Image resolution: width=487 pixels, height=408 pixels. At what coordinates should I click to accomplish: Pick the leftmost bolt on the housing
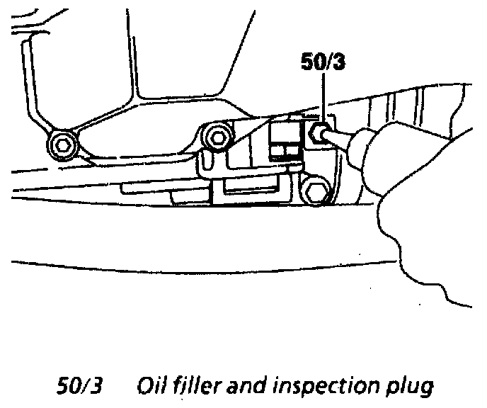(x=62, y=145)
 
